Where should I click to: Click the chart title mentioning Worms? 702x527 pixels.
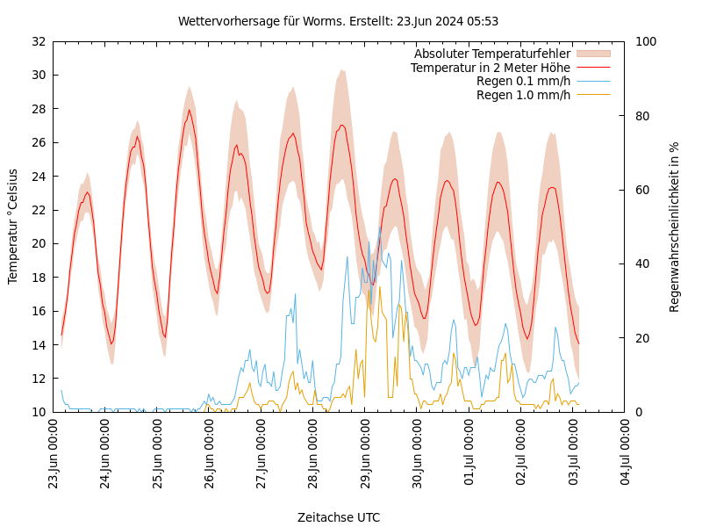(338, 21)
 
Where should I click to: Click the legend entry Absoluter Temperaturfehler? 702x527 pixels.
(491, 54)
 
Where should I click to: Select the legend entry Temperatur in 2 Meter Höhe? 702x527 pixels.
(490, 68)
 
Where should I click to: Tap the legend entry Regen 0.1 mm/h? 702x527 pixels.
(523, 82)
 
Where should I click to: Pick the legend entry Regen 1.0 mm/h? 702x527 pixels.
(523, 95)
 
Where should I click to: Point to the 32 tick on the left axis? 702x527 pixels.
(38, 41)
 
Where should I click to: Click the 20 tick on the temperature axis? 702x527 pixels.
(38, 243)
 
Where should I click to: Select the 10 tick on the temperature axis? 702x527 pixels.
(38, 412)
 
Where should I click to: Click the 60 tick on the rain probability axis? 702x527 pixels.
(641, 190)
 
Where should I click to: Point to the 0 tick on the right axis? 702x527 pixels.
(638, 412)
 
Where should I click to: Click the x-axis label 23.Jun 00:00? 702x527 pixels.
(54, 453)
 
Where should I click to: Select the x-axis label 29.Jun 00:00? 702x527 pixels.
(366, 453)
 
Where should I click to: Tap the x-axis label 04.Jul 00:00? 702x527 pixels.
(626, 453)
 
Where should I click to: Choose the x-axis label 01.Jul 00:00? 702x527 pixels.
(469, 453)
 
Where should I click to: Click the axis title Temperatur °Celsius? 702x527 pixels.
(13, 227)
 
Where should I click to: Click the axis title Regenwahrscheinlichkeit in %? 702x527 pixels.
(675, 227)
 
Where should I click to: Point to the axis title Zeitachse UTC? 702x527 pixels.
(339, 517)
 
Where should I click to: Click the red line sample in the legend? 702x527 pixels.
(592, 68)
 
